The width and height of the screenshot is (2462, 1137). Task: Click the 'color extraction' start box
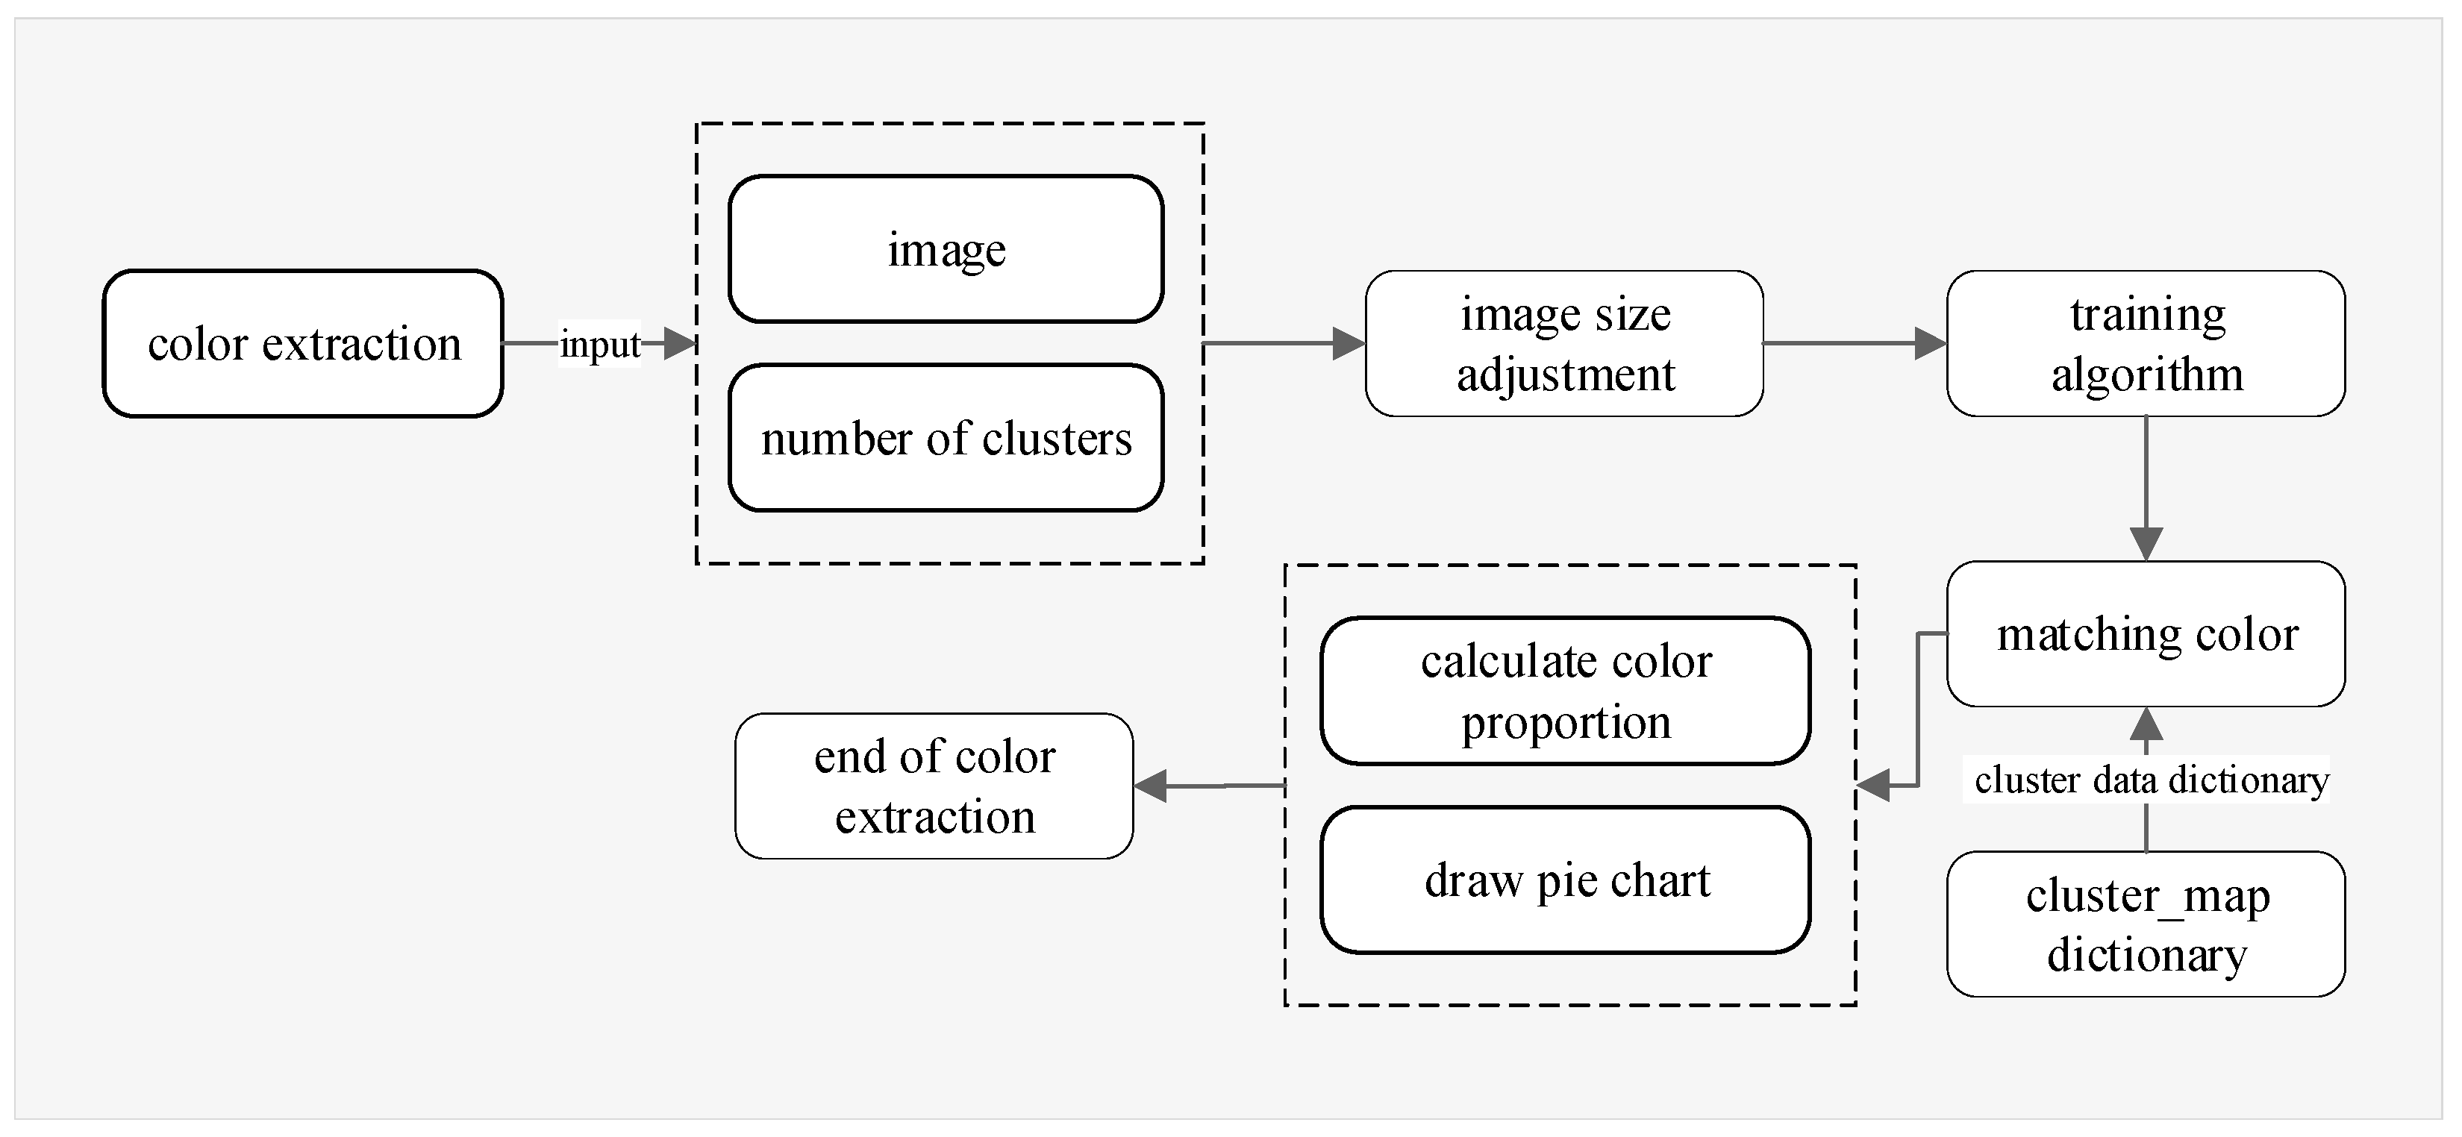pyautogui.click(x=303, y=344)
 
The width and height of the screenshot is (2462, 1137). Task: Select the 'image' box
pyautogui.click(x=946, y=249)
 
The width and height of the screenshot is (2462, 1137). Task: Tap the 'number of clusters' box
pyautogui.click(x=946, y=439)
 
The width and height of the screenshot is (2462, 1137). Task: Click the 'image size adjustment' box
pyautogui.click(x=1564, y=344)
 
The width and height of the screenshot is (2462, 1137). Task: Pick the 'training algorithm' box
pyautogui.click(x=2146, y=344)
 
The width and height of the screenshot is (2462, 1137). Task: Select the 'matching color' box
pyautogui.click(x=2146, y=634)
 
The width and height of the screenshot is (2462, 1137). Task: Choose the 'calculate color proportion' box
pyautogui.click(x=1566, y=691)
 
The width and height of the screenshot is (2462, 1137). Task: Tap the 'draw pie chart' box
pyautogui.click(x=1566, y=880)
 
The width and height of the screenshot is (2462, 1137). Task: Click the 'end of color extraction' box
pyautogui.click(x=934, y=786)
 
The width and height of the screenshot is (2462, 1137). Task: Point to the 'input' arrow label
pyautogui.click(x=599, y=345)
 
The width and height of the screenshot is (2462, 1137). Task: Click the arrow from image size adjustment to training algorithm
pyautogui.click(x=1845, y=343)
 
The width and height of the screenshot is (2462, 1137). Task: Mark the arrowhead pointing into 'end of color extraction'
pyautogui.click(x=1152, y=786)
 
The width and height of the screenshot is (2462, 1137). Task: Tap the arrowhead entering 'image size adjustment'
pyautogui.click(x=1349, y=343)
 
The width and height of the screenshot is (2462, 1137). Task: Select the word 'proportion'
pyautogui.click(x=1566, y=721)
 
